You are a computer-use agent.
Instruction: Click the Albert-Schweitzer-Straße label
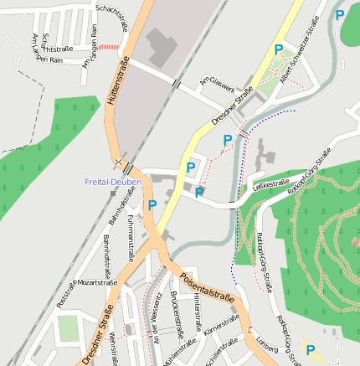click(301, 57)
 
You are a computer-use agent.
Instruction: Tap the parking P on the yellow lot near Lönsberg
click(311, 352)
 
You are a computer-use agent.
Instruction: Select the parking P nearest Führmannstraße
click(152, 205)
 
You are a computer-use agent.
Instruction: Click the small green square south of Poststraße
click(68, 328)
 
